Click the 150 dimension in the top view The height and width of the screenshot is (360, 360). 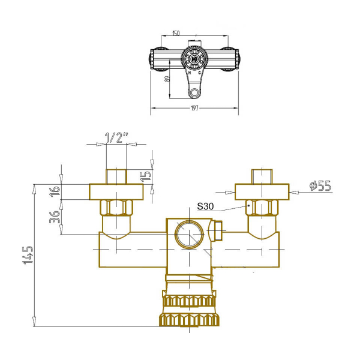(176, 33)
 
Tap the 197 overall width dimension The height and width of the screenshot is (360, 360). (194, 108)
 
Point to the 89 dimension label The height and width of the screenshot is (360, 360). (167, 79)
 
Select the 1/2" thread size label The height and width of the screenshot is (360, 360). (116, 138)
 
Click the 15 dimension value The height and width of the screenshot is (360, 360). (146, 176)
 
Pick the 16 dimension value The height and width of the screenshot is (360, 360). (55, 191)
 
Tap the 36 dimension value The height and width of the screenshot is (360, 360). (55, 217)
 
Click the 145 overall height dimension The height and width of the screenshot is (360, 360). (28, 255)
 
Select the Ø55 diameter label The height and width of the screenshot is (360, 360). (320, 185)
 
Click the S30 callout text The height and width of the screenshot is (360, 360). (205, 206)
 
